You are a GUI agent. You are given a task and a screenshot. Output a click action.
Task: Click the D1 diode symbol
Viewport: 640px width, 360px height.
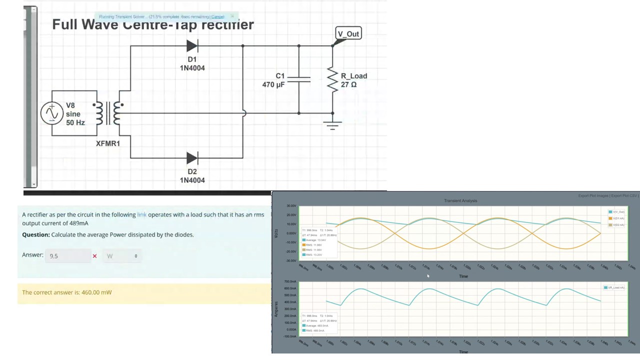tap(192, 46)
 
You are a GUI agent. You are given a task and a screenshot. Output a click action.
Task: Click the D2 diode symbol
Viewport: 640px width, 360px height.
tap(192, 158)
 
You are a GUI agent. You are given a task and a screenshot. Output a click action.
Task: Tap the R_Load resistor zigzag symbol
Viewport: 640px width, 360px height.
tap(332, 80)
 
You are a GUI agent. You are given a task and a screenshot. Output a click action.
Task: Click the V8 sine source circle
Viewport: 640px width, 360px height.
tap(51, 113)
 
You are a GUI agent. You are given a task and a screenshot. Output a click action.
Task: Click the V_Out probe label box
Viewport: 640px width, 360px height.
tap(348, 33)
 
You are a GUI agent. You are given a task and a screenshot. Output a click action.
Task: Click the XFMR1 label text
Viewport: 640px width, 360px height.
tap(107, 143)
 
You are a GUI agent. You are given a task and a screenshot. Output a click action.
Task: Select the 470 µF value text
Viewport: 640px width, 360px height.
tap(273, 84)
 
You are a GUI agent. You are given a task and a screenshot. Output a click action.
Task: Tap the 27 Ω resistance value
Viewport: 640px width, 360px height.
tap(348, 84)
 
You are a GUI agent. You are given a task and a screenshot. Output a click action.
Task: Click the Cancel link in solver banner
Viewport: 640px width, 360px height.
tap(217, 17)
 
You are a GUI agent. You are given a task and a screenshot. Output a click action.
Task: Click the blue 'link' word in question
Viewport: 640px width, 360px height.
tap(142, 214)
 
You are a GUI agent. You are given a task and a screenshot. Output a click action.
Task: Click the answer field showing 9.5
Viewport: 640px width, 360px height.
tap(68, 256)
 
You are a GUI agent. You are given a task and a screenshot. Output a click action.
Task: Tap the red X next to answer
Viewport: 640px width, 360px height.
tap(94, 256)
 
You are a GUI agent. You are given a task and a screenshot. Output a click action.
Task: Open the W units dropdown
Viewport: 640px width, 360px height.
tap(122, 256)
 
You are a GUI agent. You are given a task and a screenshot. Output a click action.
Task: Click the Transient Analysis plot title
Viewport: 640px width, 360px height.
tap(460, 200)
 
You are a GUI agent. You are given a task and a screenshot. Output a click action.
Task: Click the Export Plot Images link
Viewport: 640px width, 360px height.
tap(593, 195)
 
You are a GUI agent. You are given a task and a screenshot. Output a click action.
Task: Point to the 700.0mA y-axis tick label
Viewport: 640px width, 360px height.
tap(290, 282)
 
